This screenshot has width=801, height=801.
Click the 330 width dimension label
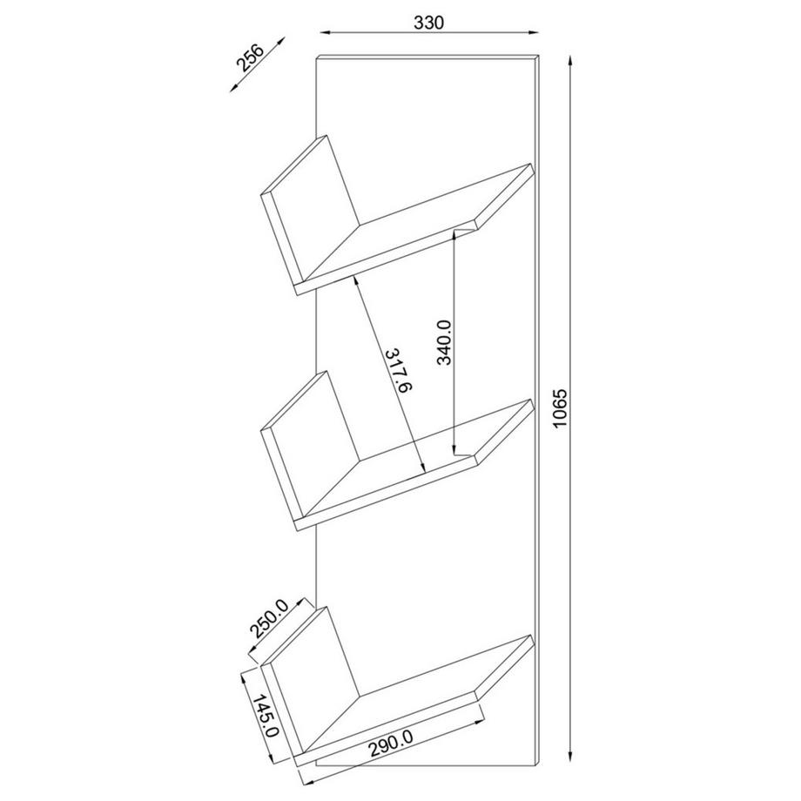pos(429,24)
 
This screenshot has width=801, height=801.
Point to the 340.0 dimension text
pos(444,343)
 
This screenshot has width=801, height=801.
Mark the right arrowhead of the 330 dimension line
pos(535,33)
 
